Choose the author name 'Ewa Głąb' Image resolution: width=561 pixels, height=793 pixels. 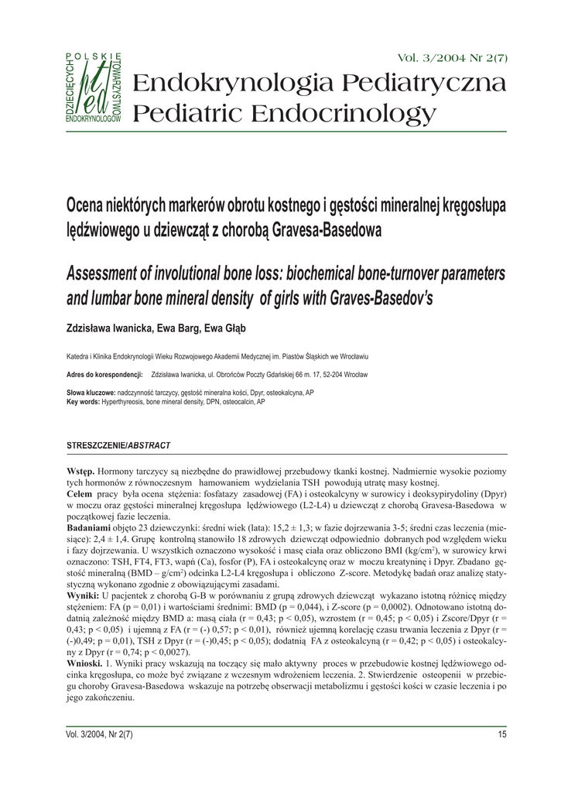click(x=224, y=328)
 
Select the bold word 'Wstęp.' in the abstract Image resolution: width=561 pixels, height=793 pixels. click(x=81, y=472)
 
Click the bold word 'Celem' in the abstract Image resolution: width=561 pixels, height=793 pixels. click(x=80, y=493)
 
